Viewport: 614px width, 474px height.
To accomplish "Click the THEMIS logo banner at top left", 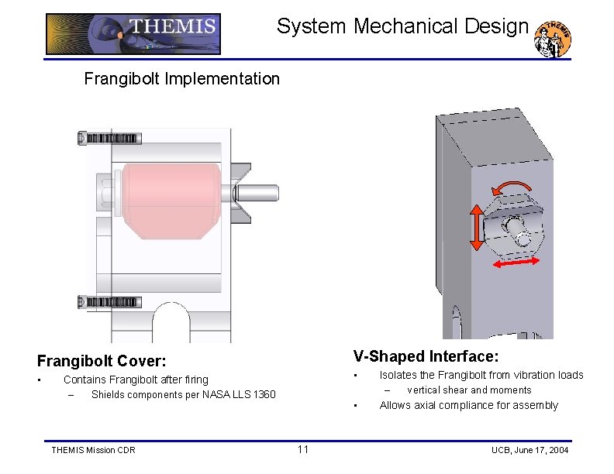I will [133, 34].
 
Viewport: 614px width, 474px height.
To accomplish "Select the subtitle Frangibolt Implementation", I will [181, 78].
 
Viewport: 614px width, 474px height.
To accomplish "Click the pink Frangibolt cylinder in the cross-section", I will [162, 199].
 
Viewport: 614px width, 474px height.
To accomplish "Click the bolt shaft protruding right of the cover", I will [261, 194].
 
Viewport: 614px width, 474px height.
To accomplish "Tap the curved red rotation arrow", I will [512, 188].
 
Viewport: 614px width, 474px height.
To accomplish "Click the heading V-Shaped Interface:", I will [426, 356].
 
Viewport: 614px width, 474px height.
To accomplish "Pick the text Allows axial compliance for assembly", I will [468, 405].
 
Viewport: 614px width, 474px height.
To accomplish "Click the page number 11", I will [302, 450].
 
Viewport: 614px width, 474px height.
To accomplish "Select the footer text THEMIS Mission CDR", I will [92, 450].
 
